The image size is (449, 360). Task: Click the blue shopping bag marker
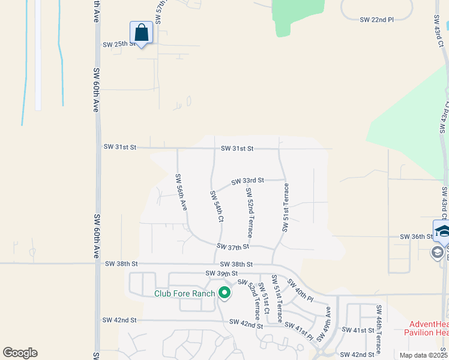pos(141,32)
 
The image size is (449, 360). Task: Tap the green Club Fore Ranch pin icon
pos(224,293)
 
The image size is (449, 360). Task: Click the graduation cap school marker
pos(442,231)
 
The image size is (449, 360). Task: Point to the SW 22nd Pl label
pos(376,20)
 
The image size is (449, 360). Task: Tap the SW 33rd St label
pos(248,180)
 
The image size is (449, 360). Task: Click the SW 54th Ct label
pos(217,207)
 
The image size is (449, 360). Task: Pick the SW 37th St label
pos(233,247)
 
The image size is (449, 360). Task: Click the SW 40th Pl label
pos(300,290)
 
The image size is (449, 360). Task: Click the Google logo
pos(20,353)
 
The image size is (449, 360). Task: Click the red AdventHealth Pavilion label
pos(426,328)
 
